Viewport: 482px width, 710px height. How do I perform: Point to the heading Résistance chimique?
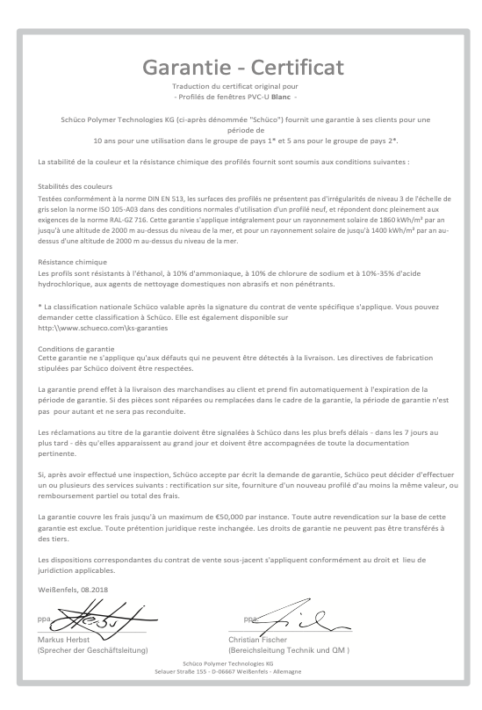(72, 261)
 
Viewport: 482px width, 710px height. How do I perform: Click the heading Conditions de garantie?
(76, 347)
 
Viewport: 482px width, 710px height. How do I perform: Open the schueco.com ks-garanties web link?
(103, 328)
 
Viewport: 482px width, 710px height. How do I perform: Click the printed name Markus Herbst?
(63, 640)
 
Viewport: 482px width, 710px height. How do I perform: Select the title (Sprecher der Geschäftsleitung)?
(92, 650)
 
